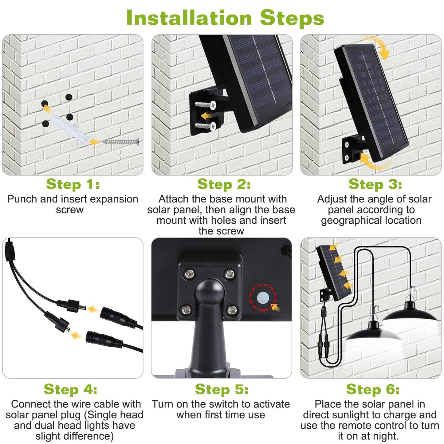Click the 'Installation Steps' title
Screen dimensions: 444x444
point(225,18)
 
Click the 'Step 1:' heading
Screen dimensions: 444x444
point(73,184)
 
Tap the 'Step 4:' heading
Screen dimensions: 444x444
point(70,389)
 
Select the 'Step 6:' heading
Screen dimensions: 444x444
point(373,389)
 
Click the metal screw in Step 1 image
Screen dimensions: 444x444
point(121,142)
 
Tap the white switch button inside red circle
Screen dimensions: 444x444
point(263,297)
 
